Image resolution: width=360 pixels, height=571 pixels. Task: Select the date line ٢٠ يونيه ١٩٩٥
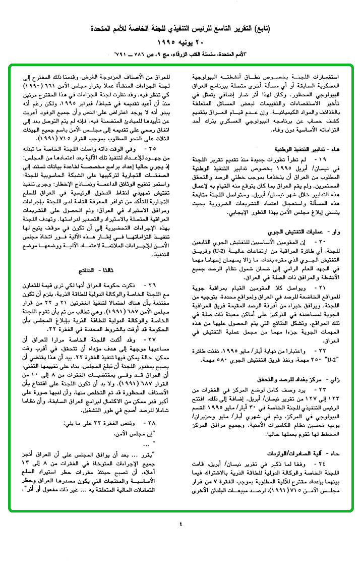[180, 41]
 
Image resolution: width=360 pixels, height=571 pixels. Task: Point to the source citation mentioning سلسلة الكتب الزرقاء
[180, 53]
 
